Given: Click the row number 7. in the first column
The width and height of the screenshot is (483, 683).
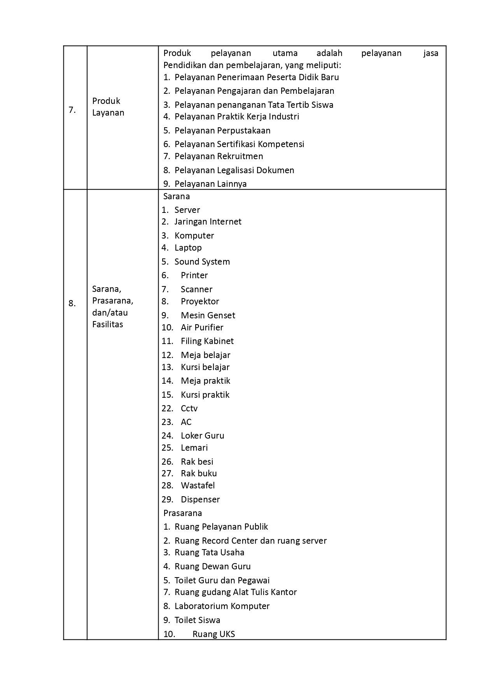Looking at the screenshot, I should [x=72, y=110].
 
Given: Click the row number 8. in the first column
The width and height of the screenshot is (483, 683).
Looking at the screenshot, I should [x=72, y=304].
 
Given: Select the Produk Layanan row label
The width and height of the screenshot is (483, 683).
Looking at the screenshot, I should [x=108, y=107].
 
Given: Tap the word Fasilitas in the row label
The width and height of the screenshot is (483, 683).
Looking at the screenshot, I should [x=107, y=324].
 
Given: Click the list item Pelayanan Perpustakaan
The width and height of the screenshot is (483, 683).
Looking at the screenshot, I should [x=222, y=130].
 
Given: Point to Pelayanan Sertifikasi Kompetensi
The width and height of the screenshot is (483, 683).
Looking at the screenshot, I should [x=239, y=144].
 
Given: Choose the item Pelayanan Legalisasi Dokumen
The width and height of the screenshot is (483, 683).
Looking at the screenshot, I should [x=234, y=170].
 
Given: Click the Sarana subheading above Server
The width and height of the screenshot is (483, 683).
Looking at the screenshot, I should [x=176, y=196].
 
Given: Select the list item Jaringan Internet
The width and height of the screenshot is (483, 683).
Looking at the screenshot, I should [x=208, y=221].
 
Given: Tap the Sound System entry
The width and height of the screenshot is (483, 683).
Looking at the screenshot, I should [x=202, y=262].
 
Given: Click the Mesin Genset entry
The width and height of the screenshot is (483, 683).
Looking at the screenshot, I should [x=208, y=315].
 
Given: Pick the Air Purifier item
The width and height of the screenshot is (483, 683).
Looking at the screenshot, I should [x=202, y=327].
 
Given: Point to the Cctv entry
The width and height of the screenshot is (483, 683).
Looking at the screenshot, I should [x=189, y=408].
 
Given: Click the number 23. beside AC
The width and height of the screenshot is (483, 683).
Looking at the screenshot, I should [x=167, y=422].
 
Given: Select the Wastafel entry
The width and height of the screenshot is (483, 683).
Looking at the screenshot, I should [x=198, y=485].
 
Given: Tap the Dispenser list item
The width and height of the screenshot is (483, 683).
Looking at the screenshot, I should [x=200, y=499].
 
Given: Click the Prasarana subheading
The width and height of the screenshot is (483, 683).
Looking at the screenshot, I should [x=182, y=513].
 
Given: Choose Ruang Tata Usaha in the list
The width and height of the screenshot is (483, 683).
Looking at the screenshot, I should [x=209, y=552].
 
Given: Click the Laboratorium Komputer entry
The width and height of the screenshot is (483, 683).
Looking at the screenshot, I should [x=222, y=606].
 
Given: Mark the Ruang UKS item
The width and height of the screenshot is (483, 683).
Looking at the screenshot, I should [x=213, y=634].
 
